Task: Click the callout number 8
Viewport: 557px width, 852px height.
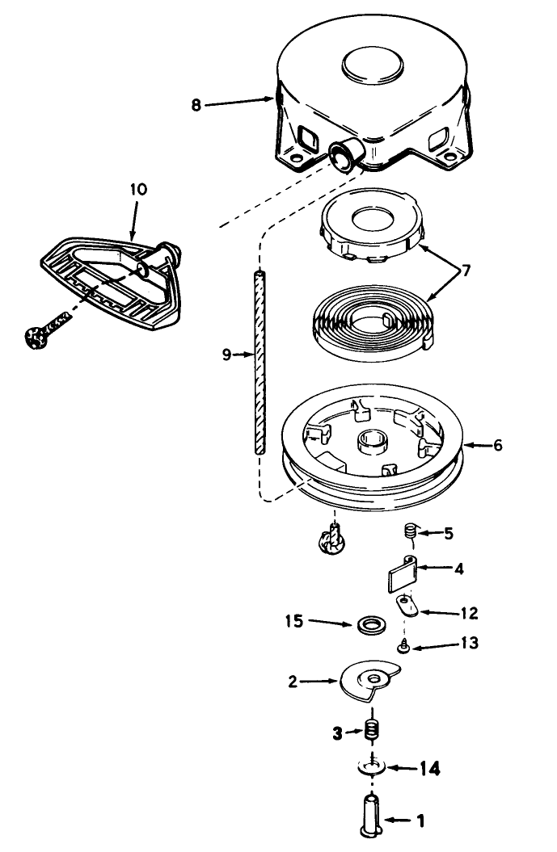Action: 196,105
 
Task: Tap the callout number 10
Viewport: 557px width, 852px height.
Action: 139,190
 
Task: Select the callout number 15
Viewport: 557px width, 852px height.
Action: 294,621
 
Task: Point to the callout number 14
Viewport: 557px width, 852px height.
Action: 429,769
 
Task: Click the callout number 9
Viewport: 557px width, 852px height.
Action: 227,355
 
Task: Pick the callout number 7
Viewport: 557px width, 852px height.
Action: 466,270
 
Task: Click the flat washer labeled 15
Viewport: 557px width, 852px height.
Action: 372,625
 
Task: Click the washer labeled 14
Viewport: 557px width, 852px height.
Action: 372,767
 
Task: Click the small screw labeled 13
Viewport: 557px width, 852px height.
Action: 403,647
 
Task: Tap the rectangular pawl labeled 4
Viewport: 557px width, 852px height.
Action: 403,573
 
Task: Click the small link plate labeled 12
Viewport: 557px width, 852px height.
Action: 407,606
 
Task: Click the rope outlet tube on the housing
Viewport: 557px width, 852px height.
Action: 347,154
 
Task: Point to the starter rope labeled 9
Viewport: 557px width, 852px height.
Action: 260,363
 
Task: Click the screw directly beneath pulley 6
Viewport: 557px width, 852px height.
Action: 331,539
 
